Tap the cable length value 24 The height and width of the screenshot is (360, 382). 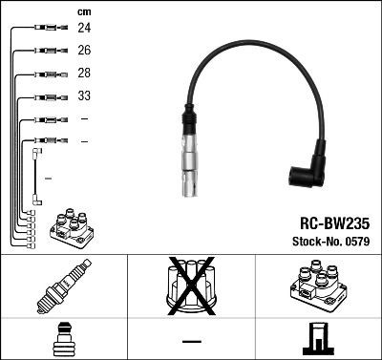pos(84,29)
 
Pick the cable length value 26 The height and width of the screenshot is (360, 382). pos(84,51)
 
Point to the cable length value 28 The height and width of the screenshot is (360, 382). pos(84,74)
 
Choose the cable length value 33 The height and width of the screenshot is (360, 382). pos(84,96)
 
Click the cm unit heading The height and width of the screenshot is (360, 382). pos(83,11)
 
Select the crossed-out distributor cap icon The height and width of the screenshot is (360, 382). pos(190,286)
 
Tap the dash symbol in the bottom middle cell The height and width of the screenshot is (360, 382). pos(191,341)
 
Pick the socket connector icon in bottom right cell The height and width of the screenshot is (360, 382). pos(317,340)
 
